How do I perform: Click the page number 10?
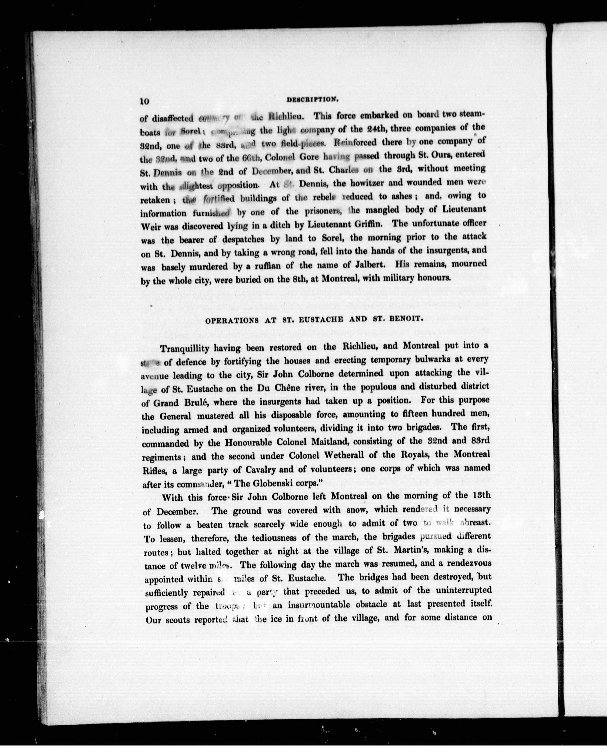pyautogui.click(x=145, y=101)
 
